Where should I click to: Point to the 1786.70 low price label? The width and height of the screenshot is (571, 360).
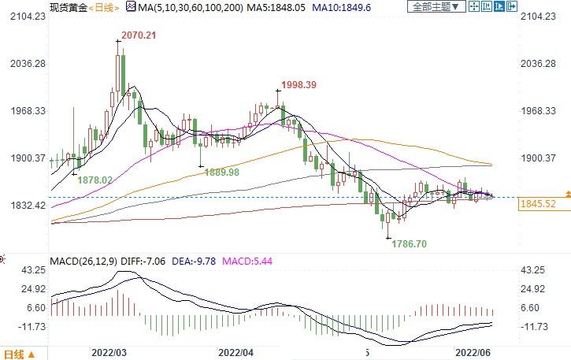409,245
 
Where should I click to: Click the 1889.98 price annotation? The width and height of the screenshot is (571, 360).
222,172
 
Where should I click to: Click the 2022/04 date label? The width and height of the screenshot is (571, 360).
235,352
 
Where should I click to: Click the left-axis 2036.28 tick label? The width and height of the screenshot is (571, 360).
24,63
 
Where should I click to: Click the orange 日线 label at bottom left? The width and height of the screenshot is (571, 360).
16,353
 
